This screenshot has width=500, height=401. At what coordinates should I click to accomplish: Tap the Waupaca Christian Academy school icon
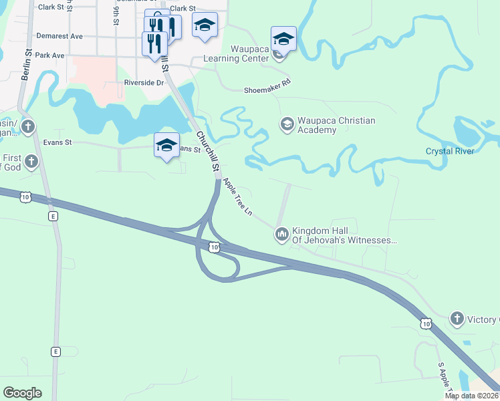tap(287, 124)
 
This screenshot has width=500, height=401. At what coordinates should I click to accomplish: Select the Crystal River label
tap(449, 151)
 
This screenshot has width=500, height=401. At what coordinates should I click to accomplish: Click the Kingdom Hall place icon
tap(281, 234)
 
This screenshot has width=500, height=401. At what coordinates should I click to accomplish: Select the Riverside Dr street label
tap(144, 83)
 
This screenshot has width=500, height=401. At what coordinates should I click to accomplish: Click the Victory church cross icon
tap(457, 318)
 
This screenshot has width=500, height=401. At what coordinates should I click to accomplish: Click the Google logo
tap(22, 393)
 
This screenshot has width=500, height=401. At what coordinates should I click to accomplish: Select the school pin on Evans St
tap(166, 145)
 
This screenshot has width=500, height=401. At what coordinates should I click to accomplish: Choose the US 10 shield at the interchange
tap(213, 248)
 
